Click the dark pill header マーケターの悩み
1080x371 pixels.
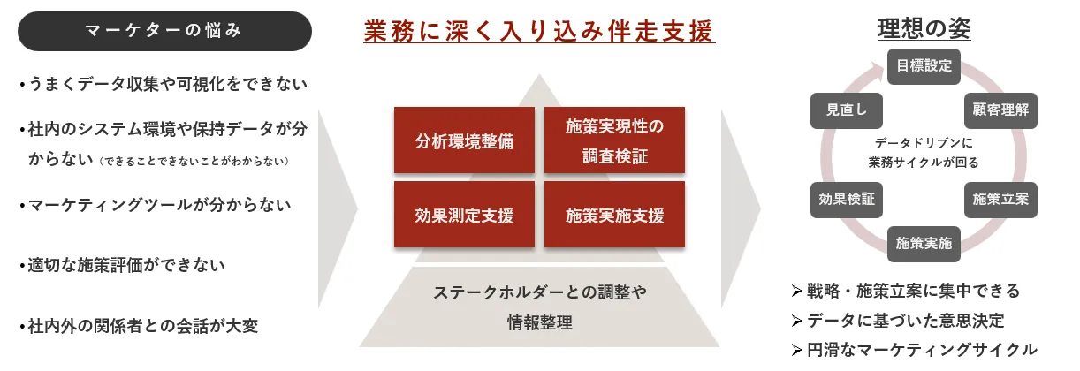164,32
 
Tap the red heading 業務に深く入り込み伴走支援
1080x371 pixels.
539,32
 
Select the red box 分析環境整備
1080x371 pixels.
464,140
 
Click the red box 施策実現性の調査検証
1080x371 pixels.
614,140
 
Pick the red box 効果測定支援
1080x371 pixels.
464,215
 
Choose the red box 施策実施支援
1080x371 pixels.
614,215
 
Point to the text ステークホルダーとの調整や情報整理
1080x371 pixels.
540,307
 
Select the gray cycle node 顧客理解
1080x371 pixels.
1000,110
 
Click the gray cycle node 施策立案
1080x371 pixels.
1000,200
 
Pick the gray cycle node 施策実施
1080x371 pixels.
924,243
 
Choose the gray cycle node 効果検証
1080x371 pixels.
847,200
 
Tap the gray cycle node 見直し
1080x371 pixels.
847,110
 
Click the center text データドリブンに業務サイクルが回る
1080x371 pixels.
924,152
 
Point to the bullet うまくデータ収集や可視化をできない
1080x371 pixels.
163,85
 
